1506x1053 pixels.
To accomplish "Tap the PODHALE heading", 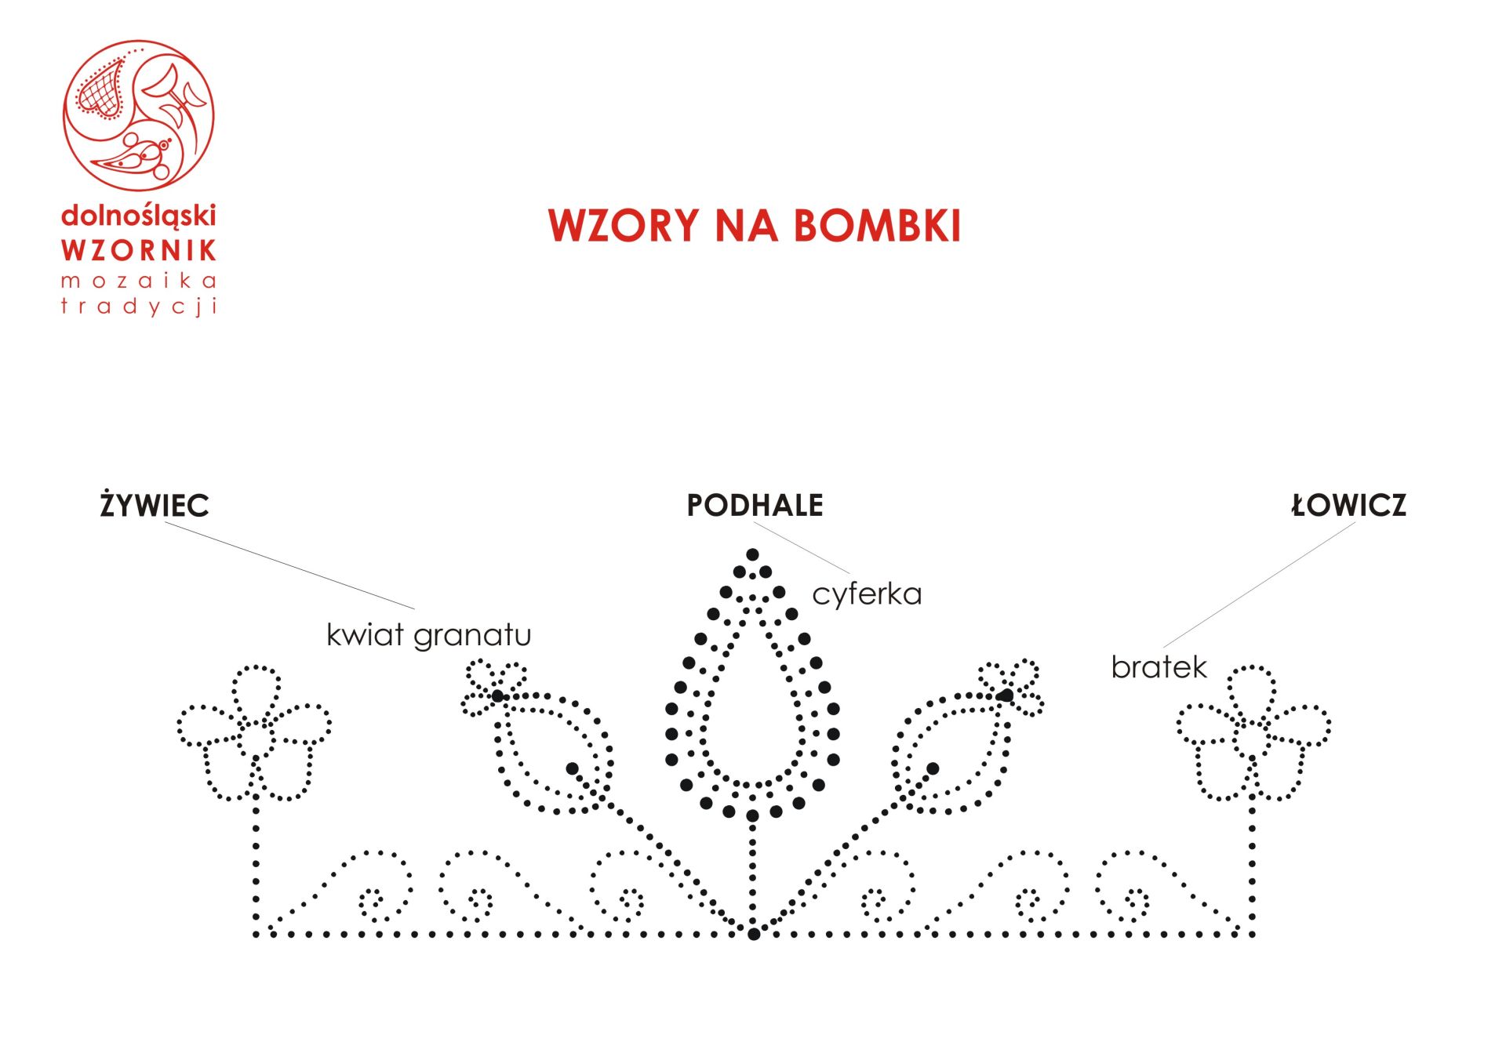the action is pyautogui.click(x=755, y=506).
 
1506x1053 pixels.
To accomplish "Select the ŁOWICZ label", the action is pyautogui.click(x=1349, y=506).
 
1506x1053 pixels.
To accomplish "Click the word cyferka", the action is pyautogui.click(x=867, y=594).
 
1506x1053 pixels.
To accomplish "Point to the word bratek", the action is pyautogui.click(x=1159, y=667).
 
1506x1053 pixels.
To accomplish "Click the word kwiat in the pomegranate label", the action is pyautogui.click(x=365, y=634).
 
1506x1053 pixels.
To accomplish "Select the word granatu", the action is pyautogui.click(x=472, y=636).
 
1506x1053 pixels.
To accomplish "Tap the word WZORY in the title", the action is pyautogui.click(x=624, y=226).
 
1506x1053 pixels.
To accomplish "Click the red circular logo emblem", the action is pyautogui.click(x=139, y=115).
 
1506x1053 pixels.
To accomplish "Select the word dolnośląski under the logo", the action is pyautogui.click(x=138, y=216).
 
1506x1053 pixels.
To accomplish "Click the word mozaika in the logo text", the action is pyautogui.click(x=138, y=281).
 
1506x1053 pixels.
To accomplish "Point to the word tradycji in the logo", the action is pyautogui.click(x=138, y=306).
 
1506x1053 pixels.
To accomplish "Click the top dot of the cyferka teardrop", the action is pyautogui.click(x=752, y=555).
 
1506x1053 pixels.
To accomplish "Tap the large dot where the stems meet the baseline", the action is pyautogui.click(x=754, y=934).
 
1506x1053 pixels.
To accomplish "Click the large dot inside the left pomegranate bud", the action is pyautogui.click(x=573, y=768).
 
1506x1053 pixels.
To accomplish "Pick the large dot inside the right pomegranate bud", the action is pyautogui.click(x=933, y=768).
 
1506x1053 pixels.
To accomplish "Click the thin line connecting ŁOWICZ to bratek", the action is pyautogui.click(x=1260, y=585).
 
